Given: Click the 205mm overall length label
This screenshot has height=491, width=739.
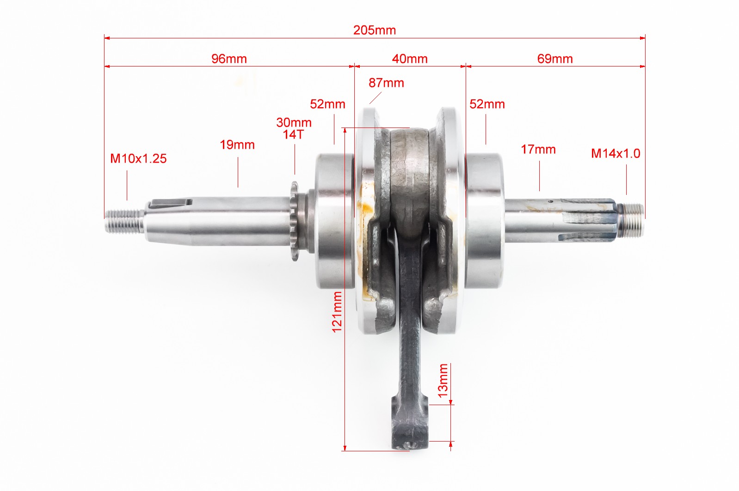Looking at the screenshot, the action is click(x=375, y=30).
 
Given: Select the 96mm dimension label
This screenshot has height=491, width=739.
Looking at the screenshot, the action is click(x=229, y=59).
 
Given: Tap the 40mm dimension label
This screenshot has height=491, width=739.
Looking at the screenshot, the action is click(x=410, y=59).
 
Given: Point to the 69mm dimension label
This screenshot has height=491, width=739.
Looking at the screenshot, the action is click(x=555, y=59).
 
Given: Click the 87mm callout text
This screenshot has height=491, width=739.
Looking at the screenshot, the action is click(x=386, y=83).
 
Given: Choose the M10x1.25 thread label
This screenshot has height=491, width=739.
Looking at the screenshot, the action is click(x=138, y=158).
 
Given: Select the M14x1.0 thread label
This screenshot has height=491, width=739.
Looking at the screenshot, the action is click(x=616, y=153).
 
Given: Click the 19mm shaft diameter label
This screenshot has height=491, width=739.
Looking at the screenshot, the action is click(x=237, y=145).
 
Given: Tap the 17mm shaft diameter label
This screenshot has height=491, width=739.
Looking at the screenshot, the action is click(x=538, y=150).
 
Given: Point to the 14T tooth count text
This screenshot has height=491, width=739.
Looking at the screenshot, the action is click(x=293, y=134).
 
